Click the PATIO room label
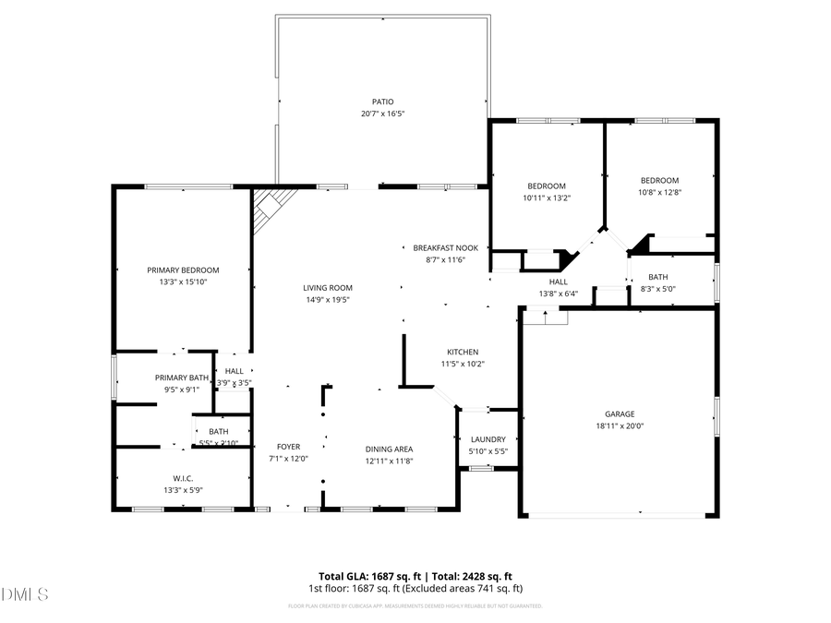click(x=383, y=102)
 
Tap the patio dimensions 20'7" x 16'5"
click(x=383, y=114)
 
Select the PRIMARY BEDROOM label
click(x=183, y=270)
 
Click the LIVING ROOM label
click(x=328, y=287)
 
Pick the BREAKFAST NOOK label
click(x=445, y=247)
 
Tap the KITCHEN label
click(x=463, y=352)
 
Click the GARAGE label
click(x=620, y=414)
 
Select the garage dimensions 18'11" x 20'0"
click(x=620, y=426)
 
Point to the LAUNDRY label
click(x=488, y=439)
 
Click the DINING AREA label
click(x=389, y=449)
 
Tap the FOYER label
click(x=288, y=447)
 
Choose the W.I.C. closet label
click(x=183, y=478)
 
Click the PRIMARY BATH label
click(x=182, y=377)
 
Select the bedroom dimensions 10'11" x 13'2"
click(x=547, y=198)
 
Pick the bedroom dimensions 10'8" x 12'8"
click(x=660, y=192)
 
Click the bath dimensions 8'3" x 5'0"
click(x=658, y=289)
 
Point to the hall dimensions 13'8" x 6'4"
click(x=558, y=294)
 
